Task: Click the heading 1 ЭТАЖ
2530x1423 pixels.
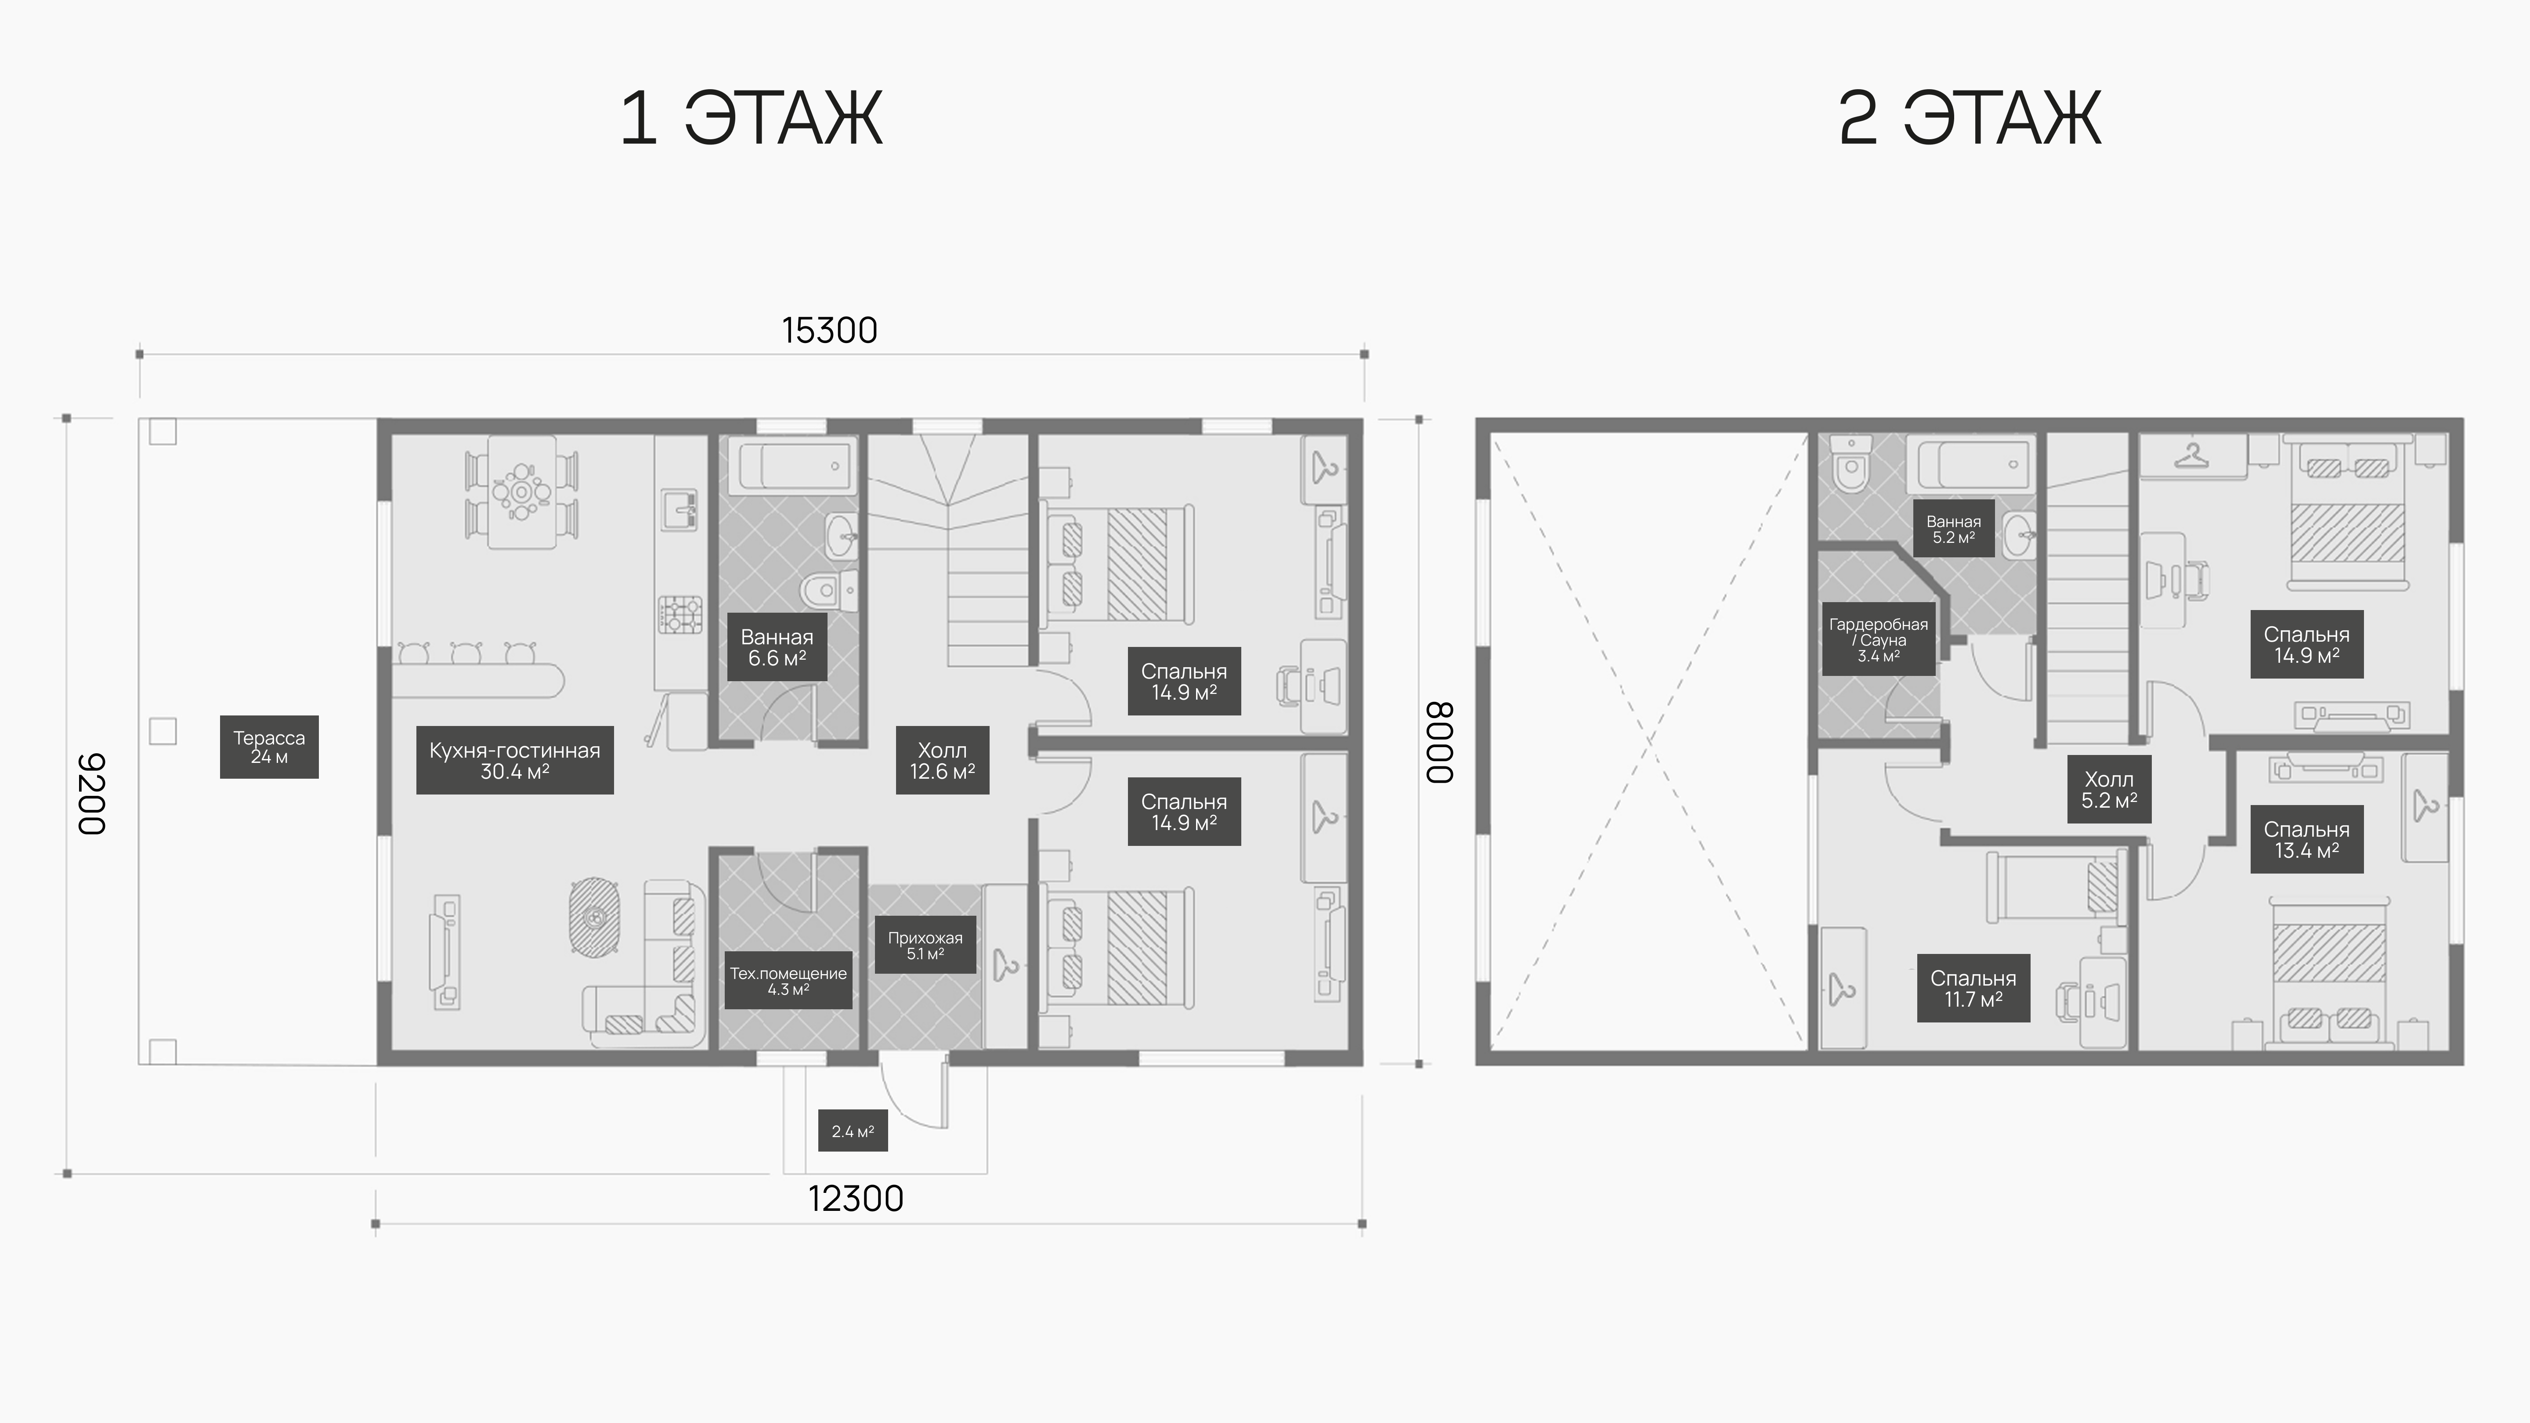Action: point(752,119)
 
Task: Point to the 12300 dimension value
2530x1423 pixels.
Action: point(856,1199)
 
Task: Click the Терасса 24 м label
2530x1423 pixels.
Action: point(269,746)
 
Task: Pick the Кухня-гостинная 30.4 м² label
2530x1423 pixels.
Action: point(515,760)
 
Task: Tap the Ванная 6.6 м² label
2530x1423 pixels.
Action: point(777,647)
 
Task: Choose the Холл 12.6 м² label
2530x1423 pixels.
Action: point(942,760)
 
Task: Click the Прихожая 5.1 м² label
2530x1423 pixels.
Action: point(925,945)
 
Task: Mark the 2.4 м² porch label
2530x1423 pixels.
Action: point(853,1131)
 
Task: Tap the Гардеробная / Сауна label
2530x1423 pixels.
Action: point(1879,639)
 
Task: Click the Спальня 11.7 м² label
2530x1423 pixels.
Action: point(1973,988)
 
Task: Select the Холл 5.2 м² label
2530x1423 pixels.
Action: point(2109,789)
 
